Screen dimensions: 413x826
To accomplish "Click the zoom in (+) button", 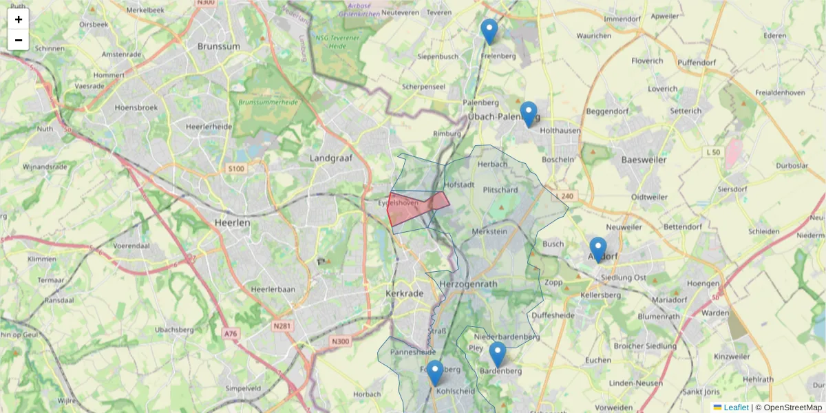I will click(x=19, y=19).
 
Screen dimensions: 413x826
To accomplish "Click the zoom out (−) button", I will click(x=19, y=40).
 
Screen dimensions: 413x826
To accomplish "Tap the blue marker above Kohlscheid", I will click(x=434, y=373).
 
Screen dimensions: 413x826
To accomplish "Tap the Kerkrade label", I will click(x=405, y=293).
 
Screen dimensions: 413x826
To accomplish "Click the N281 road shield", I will click(x=281, y=325).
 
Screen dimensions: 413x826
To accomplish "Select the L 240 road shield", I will click(x=564, y=196).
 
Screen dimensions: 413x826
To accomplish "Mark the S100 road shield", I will click(x=235, y=169).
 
